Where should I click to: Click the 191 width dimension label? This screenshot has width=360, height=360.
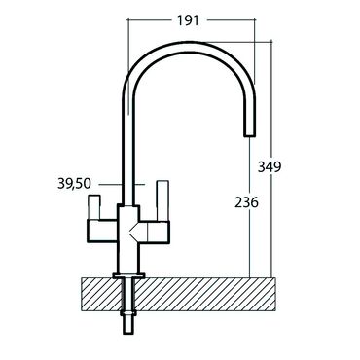188,20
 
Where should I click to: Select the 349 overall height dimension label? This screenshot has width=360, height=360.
270,167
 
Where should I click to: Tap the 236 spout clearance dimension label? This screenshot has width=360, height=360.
246,202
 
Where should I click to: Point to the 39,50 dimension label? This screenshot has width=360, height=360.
75,184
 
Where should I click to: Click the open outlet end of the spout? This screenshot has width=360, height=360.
249,135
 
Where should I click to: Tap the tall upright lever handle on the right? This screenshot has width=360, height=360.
162,200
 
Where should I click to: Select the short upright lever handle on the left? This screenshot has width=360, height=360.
94,207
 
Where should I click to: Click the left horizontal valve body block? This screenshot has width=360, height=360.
102,231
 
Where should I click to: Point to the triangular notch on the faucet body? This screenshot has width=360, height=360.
134,231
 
